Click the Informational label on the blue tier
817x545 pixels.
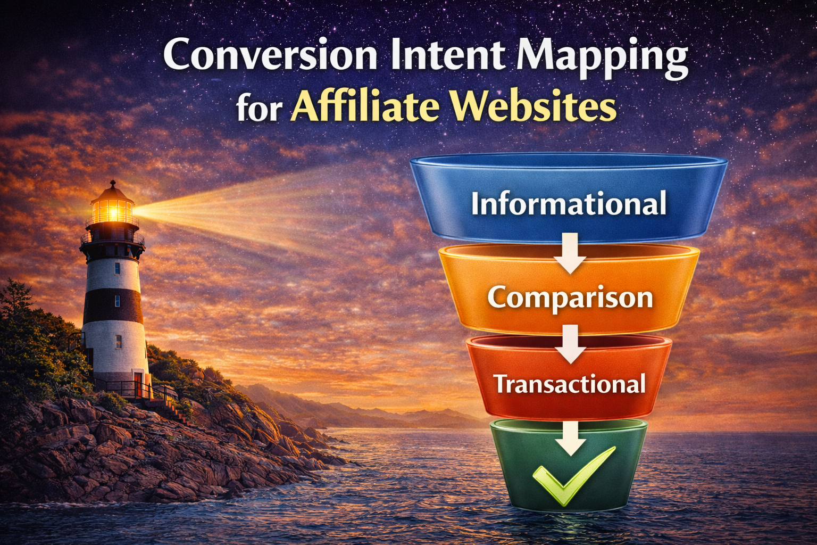pyautogui.click(x=568, y=204)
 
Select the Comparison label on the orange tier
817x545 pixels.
pyautogui.click(x=570, y=297)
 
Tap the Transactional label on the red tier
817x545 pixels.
pyautogui.click(x=569, y=384)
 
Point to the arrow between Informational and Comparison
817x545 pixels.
pyautogui.click(x=570, y=253)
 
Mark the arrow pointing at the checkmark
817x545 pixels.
pyautogui.click(x=570, y=437)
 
